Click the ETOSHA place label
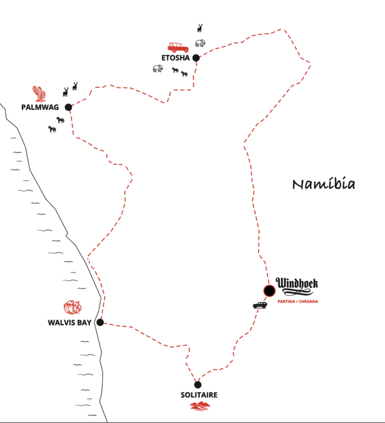click(175, 58)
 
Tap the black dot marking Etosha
click(196, 58)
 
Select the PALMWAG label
click(40, 107)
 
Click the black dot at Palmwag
click(69, 107)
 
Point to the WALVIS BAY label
click(70, 323)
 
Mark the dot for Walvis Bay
click(100, 322)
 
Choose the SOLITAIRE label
click(199, 395)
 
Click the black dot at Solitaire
click(198, 384)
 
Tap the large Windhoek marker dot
click(269, 291)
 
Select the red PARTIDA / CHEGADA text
click(298, 302)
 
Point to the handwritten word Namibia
click(324, 184)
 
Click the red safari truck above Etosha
click(178, 48)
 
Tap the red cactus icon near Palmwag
click(40, 94)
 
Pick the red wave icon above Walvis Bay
click(73, 307)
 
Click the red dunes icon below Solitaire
click(200, 406)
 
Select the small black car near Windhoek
click(260, 306)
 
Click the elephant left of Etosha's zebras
click(158, 69)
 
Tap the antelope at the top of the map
click(200, 28)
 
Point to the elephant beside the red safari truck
click(201, 43)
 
